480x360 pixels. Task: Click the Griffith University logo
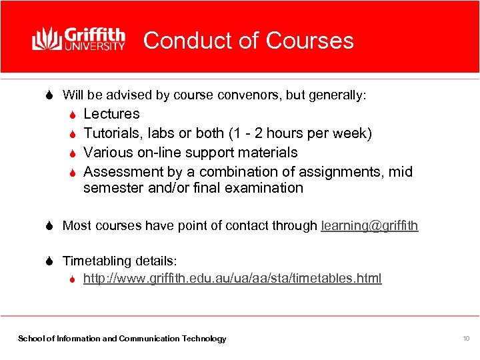(79, 39)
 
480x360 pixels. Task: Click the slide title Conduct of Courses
(248, 41)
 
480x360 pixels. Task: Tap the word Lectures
(111, 114)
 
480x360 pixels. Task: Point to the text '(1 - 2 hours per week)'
(300, 133)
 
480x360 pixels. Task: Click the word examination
(264, 188)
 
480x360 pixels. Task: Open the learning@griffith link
(369, 226)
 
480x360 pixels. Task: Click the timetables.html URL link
(232, 278)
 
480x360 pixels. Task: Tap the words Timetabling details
(119, 261)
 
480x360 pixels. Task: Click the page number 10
(466, 339)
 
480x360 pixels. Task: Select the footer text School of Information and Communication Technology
(122, 339)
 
